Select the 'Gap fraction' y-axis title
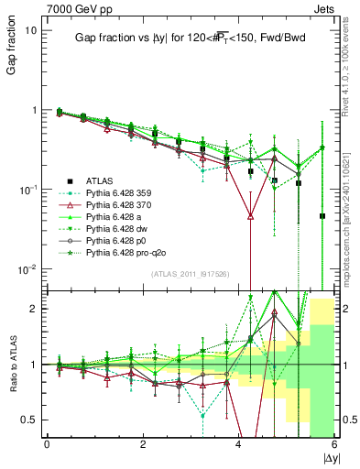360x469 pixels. coord(12,49)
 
